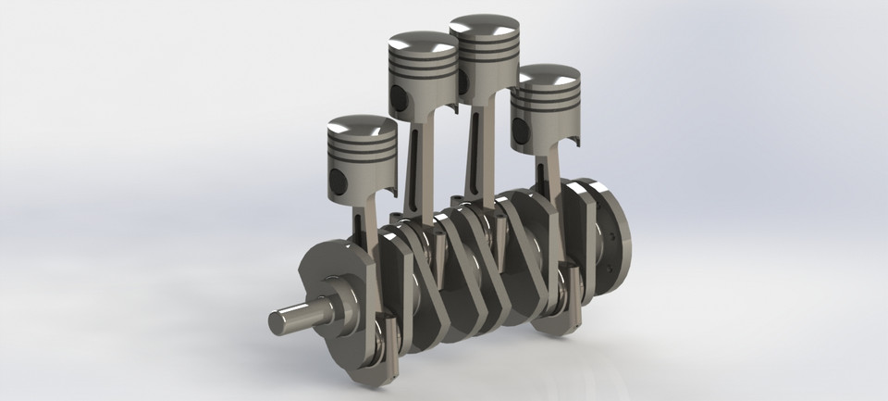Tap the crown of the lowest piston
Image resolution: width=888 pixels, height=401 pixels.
[x=362, y=127]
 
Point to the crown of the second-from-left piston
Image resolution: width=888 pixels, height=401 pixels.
[x=423, y=43]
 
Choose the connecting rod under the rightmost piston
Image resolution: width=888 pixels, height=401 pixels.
[x=551, y=185]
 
